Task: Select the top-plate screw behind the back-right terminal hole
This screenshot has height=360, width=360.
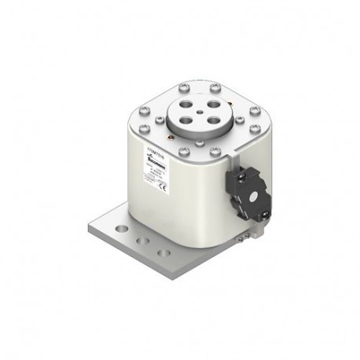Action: point(215,86)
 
